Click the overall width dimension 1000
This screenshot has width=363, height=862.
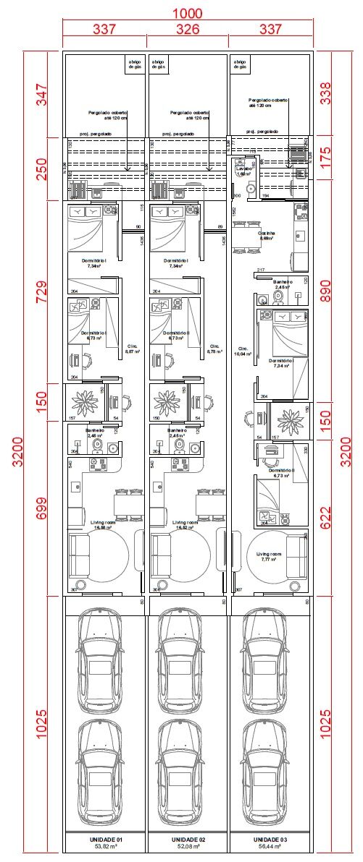(x=188, y=14)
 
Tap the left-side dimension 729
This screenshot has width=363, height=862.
(x=41, y=291)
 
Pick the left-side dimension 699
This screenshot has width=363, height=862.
(x=41, y=511)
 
